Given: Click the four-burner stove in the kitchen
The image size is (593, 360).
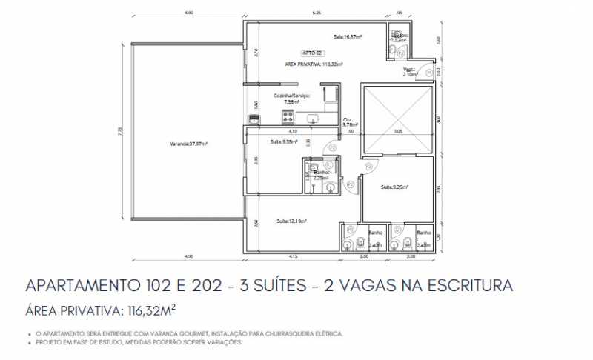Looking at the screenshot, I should point(288,116).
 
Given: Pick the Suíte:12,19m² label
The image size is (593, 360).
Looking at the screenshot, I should point(291,221).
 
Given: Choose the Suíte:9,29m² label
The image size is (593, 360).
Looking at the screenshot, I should point(396,187).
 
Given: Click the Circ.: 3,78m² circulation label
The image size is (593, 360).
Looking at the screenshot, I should point(349,121).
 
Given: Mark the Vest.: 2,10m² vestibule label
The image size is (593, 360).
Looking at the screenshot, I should point(410,73).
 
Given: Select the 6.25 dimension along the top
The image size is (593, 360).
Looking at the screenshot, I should point(317,13).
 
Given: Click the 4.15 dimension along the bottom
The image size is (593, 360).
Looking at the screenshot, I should point(293,256).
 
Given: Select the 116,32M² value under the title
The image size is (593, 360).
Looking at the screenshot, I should point(149,309).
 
